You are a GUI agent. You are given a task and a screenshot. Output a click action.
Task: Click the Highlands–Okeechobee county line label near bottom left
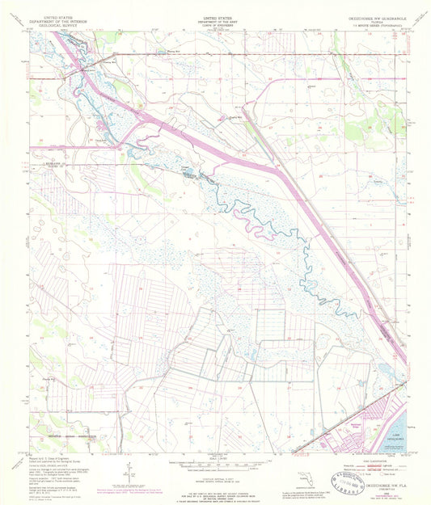coord(65,434)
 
